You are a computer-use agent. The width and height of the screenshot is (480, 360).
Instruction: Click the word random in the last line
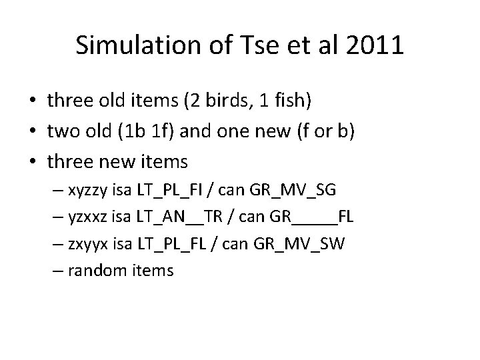[x=98, y=270]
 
